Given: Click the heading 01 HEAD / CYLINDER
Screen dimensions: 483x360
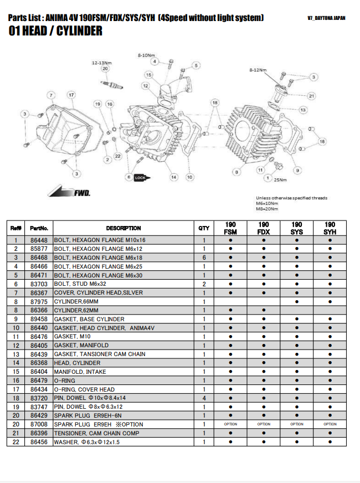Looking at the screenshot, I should click(x=56, y=32).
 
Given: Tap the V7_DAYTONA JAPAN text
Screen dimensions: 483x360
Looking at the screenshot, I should click(x=326, y=18).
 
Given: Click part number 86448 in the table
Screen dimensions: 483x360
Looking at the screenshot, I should click(x=39, y=240).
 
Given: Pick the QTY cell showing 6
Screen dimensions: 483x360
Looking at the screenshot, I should click(x=204, y=258).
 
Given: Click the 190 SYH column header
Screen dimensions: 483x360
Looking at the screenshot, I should click(x=330, y=228).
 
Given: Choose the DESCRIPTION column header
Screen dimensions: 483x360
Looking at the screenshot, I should click(x=123, y=228).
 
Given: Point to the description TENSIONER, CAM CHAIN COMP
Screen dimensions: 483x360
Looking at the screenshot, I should click(x=96, y=433).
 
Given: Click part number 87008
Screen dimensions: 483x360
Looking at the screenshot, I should click(x=39, y=424).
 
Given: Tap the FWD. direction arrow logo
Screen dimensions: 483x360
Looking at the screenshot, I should click(x=69, y=192).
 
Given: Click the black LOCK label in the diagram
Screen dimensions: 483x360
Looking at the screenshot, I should click(x=140, y=177).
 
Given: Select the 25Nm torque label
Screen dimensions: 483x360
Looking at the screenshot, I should click(x=280, y=179).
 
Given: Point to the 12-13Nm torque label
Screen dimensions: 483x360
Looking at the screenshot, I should click(x=101, y=63).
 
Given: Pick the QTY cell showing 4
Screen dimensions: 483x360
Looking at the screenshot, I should click(x=204, y=398).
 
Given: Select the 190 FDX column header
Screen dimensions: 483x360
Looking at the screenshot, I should click(x=264, y=228).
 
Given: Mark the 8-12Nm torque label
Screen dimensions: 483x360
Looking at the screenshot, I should click(x=258, y=70).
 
